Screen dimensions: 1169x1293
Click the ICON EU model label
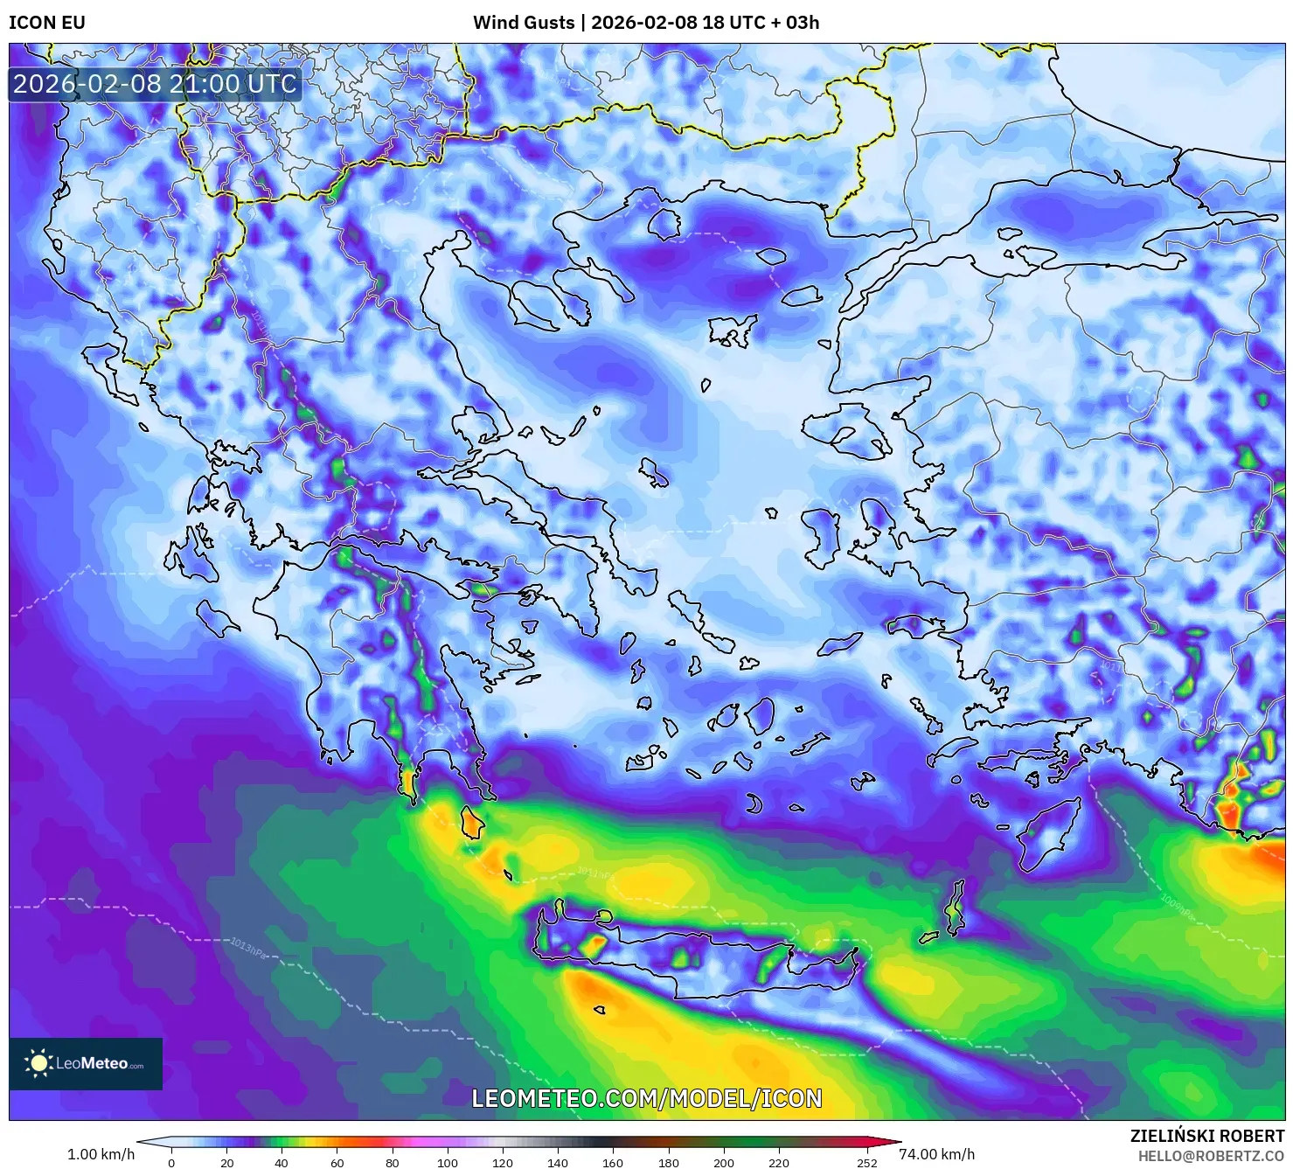click(x=47, y=23)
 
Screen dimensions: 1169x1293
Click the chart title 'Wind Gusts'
click(x=524, y=23)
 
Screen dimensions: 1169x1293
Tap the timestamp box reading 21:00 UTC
click(x=155, y=84)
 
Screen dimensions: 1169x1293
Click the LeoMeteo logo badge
click(x=86, y=1063)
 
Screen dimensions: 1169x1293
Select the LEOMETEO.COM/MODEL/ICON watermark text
click(x=647, y=1098)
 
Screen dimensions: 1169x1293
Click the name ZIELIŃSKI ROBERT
click(x=1206, y=1137)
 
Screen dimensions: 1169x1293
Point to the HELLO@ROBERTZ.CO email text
click(x=1211, y=1156)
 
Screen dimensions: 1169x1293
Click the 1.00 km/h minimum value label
click(x=101, y=1154)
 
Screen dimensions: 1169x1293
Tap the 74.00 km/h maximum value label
click(x=936, y=1154)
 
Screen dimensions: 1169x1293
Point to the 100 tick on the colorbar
click(x=447, y=1163)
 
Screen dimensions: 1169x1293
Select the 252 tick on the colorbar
click(x=866, y=1163)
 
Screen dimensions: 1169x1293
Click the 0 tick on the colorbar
click(x=171, y=1163)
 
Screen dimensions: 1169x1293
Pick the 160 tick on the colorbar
click(x=612, y=1163)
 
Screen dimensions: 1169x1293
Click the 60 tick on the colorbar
click(x=337, y=1163)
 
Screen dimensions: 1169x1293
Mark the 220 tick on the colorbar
click(x=778, y=1163)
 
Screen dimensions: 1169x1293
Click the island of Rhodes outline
click(x=1049, y=831)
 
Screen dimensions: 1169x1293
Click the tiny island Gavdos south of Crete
click(x=599, y=1010)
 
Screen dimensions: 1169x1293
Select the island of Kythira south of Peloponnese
click(x=472, y=823)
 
